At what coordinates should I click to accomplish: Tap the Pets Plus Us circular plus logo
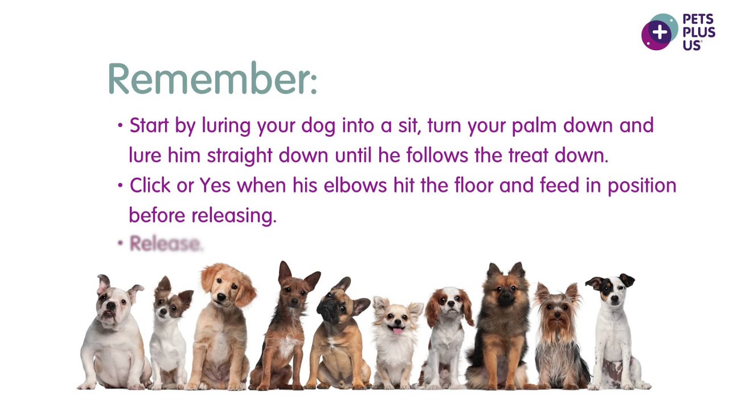[660, 32]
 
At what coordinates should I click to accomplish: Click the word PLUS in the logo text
[699, 32]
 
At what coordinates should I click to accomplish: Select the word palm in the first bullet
[535, 125]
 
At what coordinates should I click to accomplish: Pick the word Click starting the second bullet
[150, 186]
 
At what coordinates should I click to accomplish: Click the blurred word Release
[165, 244]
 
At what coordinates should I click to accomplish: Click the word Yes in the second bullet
[215, 186]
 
